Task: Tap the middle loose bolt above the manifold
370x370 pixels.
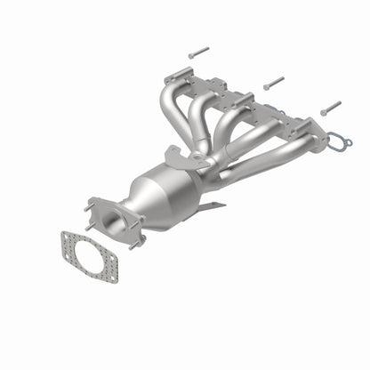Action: pyautogui.click(x=273, y=82)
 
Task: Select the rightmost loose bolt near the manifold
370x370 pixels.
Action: pyautogui.click(x=330, y=108)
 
